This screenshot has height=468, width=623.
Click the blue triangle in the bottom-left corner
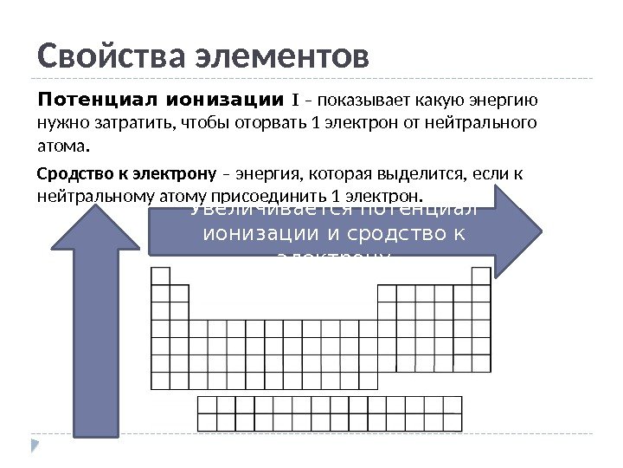click(x=35, y=446)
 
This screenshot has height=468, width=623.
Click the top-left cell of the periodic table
click(x=160, y=276)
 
